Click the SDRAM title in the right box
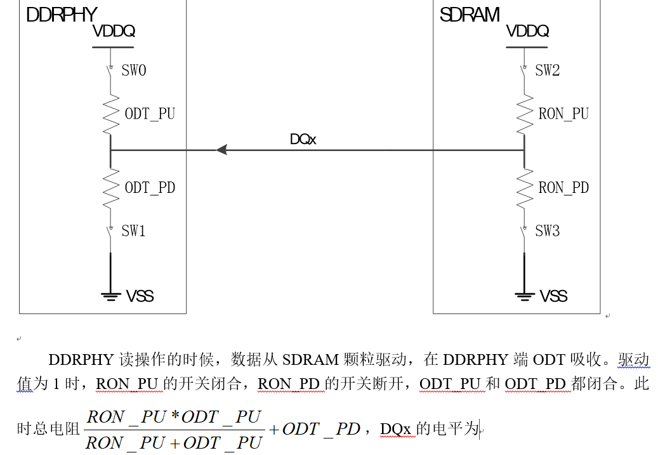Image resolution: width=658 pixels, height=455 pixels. click(470, 15)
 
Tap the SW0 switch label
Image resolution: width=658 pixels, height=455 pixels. click(134, 70)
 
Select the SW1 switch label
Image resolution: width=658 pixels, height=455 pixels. click(134, 231)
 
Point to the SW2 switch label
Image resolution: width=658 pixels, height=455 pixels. click(548, 70)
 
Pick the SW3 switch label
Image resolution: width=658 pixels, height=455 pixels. click(548, 231)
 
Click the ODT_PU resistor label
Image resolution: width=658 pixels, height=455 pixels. click(150, 114)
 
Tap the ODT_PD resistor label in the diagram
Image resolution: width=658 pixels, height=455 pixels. click(150, 188)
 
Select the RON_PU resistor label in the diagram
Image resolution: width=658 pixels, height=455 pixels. click(563, 114)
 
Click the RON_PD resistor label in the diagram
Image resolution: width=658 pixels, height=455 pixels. click(563, 188)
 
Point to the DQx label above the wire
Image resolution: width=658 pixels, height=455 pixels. click(303, 139)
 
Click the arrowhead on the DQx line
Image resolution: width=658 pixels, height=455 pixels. click(221, 150)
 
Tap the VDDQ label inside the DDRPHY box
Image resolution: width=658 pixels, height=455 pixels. click(114, 31)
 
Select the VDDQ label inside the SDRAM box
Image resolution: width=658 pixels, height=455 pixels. click(527, 31)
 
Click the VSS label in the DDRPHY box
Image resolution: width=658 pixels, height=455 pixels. click(140, 296)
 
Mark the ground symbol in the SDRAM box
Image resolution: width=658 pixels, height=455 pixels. click(524, 295)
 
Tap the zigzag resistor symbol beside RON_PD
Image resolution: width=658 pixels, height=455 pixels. click(524, 188)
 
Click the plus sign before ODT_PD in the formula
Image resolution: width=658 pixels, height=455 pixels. click(274, 430)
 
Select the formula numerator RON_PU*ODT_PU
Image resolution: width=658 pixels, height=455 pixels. click(174, 417)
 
